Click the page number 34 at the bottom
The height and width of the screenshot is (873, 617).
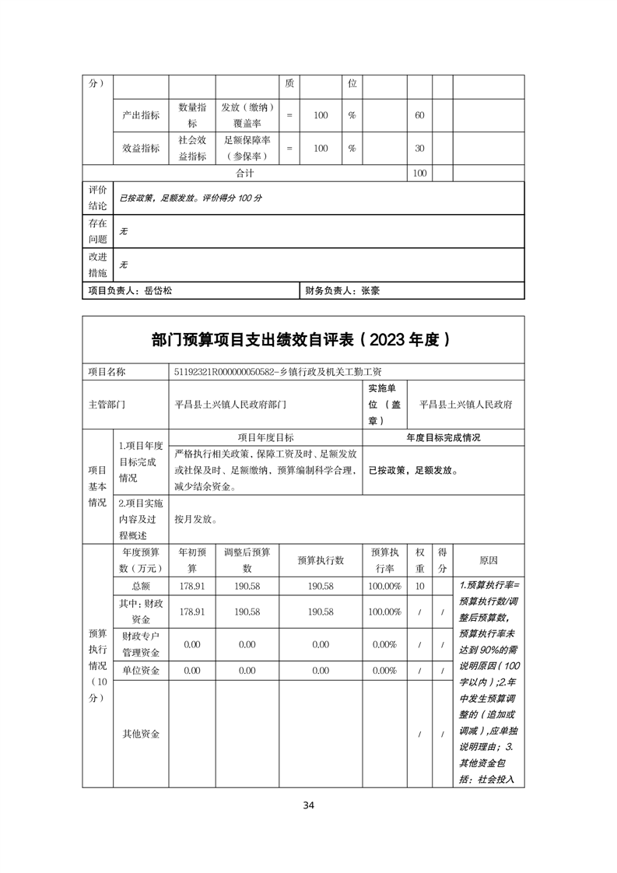(309, 805)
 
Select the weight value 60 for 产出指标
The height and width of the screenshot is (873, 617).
(419, 115)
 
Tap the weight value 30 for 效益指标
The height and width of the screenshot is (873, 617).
(419, 149)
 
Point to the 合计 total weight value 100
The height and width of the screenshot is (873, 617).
(419, 174)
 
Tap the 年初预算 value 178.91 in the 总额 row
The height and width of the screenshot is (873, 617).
(192, 586)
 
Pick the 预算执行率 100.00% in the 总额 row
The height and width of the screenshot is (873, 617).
(384, 586)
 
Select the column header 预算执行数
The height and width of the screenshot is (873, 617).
(321, 560)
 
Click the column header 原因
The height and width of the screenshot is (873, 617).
(489, 560)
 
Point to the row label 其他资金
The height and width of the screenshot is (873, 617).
(141, 734)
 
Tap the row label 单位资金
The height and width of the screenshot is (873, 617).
(141, 671)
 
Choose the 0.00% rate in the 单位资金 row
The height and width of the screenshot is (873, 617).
(384, 671)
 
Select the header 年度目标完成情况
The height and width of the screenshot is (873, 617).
(443, 437)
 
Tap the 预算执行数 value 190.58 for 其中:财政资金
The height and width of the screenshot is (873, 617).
(321, 612)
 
